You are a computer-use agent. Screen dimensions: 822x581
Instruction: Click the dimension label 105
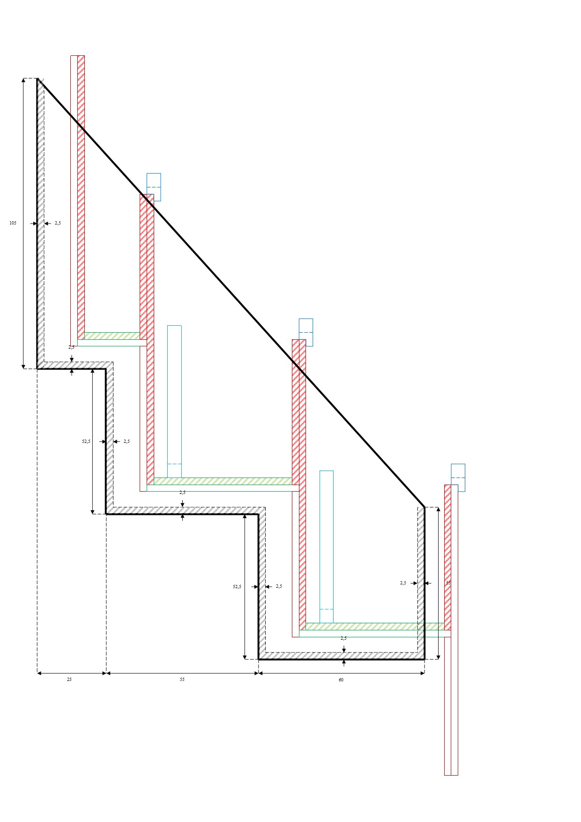[13, 223]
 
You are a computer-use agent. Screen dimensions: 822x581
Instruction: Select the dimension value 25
[69, 680]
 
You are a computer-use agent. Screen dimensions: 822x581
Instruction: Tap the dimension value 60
[341, 680]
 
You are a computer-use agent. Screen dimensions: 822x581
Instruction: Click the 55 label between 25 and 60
[182, 680]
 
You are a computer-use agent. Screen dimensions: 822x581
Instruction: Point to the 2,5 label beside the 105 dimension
[58, 224]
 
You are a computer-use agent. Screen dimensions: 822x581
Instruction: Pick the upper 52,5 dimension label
[86, 441]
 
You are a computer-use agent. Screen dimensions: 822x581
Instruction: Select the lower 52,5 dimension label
[237, 587]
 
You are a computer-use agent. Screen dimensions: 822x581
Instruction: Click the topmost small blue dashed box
[154, 187]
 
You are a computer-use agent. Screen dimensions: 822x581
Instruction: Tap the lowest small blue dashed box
[458, 478]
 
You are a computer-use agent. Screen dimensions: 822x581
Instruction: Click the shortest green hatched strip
[112, 336]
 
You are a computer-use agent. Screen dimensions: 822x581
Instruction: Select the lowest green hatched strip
[375, 627]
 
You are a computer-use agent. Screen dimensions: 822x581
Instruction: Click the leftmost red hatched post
[81, 197]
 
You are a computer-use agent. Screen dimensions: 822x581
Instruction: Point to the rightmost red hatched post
[447, 558]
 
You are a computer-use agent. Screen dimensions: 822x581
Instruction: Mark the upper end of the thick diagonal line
[38, 79]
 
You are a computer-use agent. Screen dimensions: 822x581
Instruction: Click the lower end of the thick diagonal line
[424, 507]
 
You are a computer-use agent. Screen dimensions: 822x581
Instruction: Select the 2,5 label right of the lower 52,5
[279, 586]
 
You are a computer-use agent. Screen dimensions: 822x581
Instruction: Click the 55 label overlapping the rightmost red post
[448, 583]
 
